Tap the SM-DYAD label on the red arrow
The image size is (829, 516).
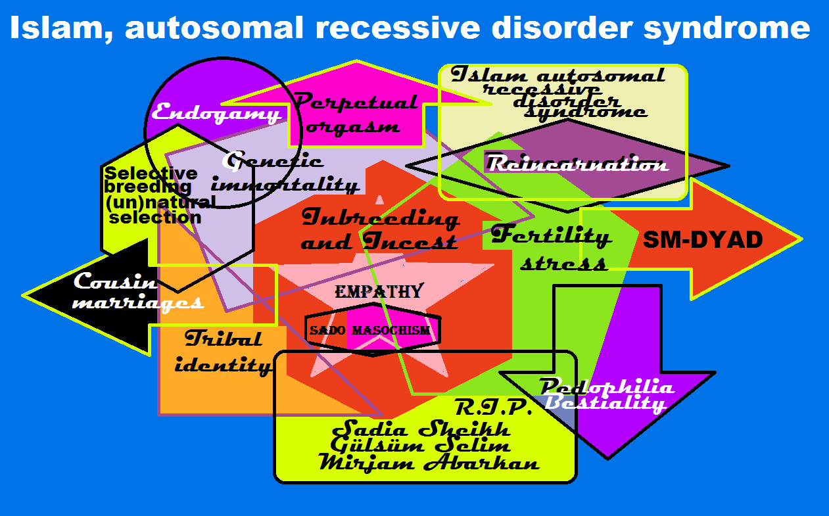(x=702, y=240)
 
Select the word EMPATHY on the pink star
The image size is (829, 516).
(x=379, y=292)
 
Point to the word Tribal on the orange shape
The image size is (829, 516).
(x=224, y=339)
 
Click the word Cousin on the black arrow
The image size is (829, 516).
(x=115, y=281)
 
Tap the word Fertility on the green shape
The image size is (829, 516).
(x=551, y=236)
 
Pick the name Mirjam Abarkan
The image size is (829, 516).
(x=429, y=463)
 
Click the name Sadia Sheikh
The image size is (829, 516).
(x=421, y=431)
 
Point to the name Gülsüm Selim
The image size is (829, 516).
(x=421, y=447)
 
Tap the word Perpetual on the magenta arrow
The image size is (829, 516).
(x=355, y=103)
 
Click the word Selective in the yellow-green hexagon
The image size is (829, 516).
(x=151, y=174)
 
